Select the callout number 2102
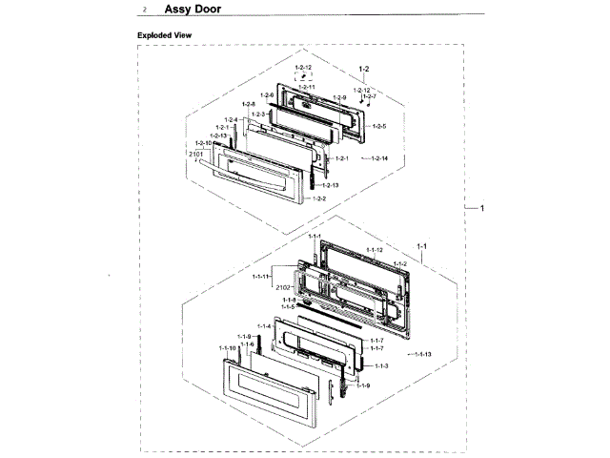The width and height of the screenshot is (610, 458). point(282,286)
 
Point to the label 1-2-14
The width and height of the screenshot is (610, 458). point(378,157)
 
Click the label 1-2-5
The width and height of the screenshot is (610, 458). point(378,126)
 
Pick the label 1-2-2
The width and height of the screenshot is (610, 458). point(318,198)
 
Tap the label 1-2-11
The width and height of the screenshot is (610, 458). point(307,87)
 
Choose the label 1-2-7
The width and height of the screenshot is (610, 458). point(369,96)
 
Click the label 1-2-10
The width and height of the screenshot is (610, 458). point(204,143)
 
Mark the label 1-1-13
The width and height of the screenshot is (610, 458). point(420,354)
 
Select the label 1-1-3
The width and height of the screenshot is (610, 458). point(380,365)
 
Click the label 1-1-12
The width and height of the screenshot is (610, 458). point(374,249)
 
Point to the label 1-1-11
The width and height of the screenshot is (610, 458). point(261,276)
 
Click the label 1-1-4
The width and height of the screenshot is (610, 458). point(263,326)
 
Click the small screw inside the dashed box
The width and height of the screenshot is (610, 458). point(303,76)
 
